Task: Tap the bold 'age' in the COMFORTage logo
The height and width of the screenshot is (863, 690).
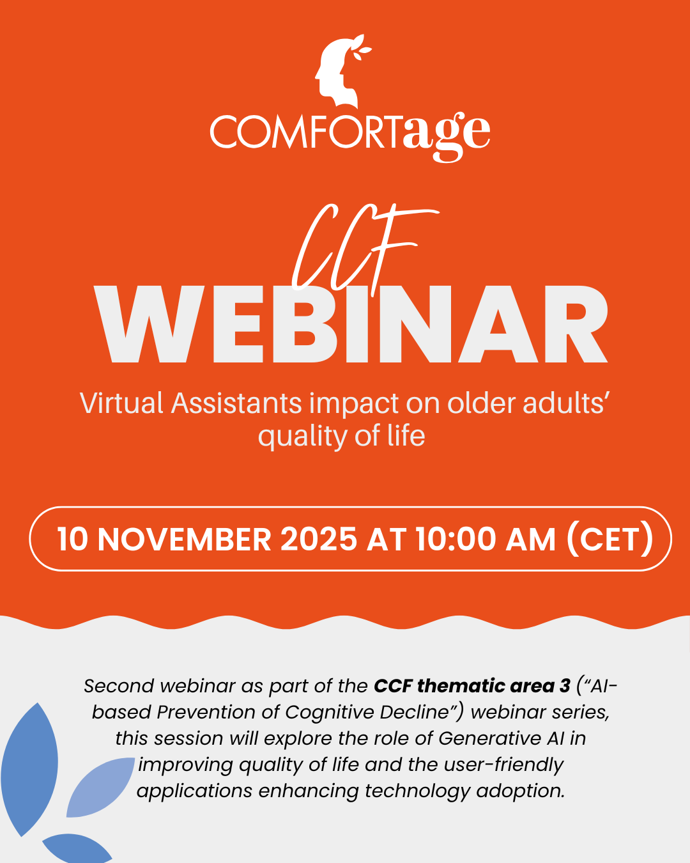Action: (x=446, y=135)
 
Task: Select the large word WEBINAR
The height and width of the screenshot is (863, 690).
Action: (x=351, y=326)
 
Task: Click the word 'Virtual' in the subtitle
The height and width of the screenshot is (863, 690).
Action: (x=121, y=404)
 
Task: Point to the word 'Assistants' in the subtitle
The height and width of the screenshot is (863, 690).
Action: (x=236, y=404)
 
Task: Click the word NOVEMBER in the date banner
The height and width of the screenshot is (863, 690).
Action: (x=185, y=540)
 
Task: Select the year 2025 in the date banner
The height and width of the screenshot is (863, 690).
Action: (x=318, y=540)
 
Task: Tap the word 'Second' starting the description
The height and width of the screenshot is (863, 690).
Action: (x=119, y=686)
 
